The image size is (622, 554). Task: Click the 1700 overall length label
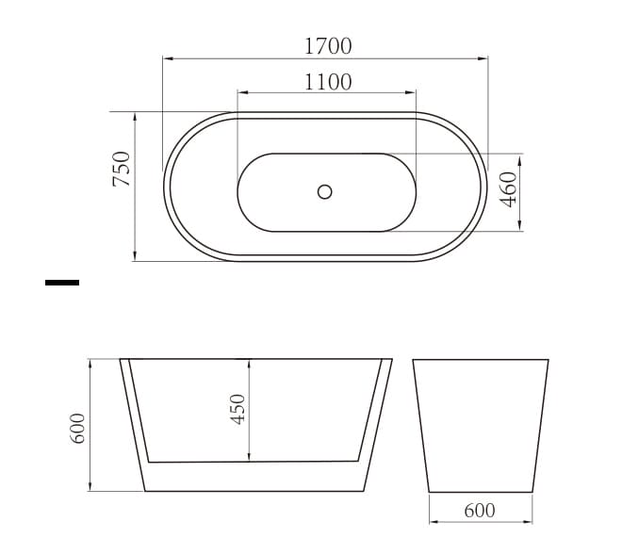coord(327,44)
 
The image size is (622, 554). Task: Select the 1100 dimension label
coord(327,81)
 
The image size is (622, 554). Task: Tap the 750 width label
coord(122,170)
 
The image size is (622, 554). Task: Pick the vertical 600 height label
coord(78,427)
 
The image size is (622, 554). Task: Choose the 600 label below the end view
coord(479,511)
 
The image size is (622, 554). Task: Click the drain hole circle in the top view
coord(325,191)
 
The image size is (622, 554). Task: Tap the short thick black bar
coord(62,282)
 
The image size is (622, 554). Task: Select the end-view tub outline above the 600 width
coord(481,425)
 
